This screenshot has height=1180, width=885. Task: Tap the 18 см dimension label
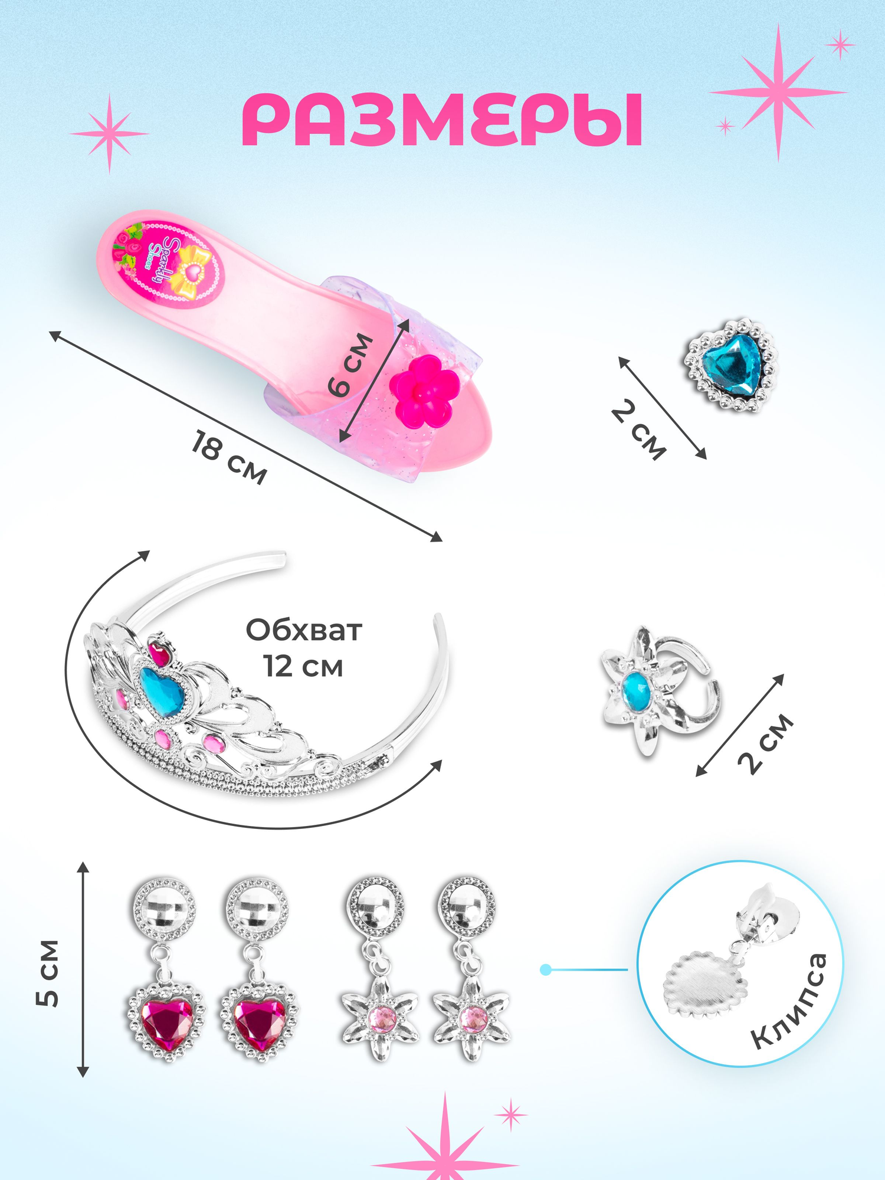pos(229,457)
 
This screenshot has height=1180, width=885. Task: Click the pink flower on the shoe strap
pos(424,391)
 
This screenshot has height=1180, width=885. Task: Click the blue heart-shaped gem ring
pos(732,366)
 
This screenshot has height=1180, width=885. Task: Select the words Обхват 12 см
pos(303,648)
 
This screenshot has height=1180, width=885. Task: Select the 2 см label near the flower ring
pos(765,743)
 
